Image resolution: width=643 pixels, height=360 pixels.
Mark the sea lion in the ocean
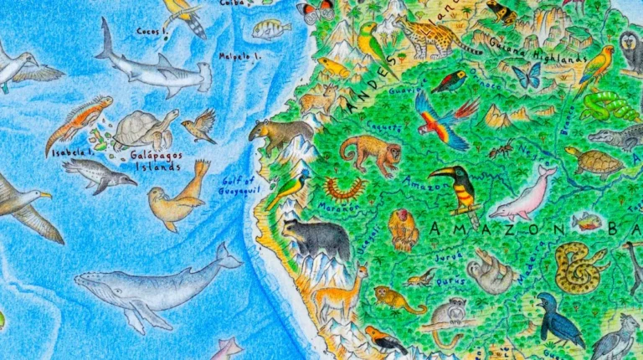[177, 198]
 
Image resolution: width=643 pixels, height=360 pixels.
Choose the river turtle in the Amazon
[594, 162]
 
